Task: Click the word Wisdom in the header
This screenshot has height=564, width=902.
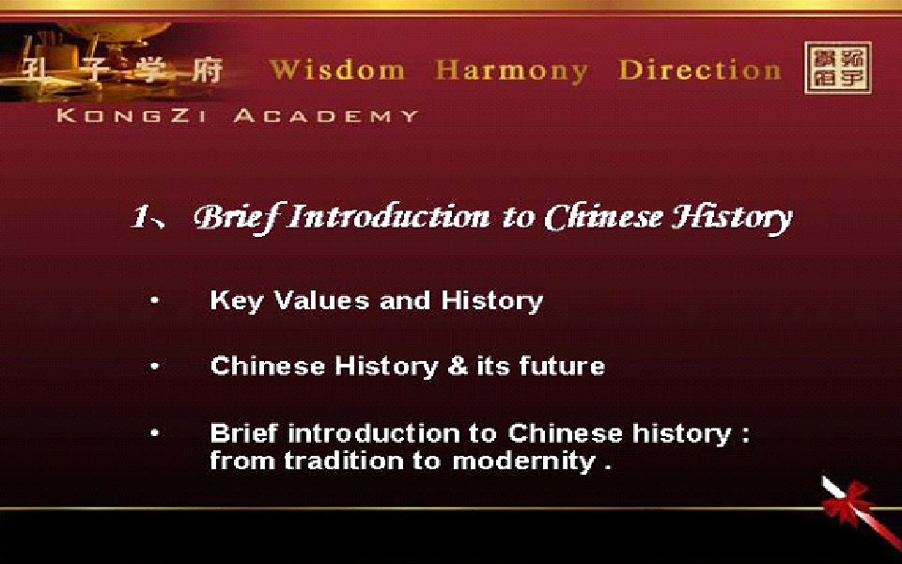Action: coord(336,70)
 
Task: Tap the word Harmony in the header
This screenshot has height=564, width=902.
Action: coord(511,70)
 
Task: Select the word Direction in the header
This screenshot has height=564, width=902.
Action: coord(699,70)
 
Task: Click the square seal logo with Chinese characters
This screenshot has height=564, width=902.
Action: coord(837,68)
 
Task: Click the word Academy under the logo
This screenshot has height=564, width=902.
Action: coord(326,116)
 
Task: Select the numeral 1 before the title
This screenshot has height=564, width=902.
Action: coord(140,217)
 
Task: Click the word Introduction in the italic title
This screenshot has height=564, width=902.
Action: coord(389,217)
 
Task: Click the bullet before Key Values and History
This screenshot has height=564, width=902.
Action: coord(154,300)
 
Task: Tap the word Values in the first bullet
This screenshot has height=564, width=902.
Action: coord(321,301)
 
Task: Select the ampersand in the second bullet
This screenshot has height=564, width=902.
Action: coord(458,366)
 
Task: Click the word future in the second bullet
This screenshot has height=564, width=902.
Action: coord(562,366)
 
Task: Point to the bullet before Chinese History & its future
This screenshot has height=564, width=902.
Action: coord(154,366)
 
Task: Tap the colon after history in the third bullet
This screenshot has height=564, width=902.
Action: coord(745,435)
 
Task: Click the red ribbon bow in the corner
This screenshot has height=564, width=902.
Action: coord(846,502)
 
